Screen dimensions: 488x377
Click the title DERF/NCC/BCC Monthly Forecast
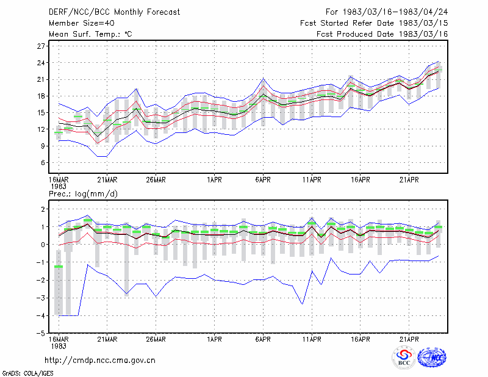[x=114, y=12]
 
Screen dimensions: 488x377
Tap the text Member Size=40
[x=82, y=23]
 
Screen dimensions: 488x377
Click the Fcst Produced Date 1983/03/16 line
[x=382, y=34]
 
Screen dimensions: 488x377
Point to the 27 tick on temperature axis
[x=41, y=46]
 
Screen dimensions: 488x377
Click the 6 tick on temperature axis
[x=43, y=162]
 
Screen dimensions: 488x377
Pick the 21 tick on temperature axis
[x=41, y=79]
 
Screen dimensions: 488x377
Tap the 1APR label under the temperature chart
[x=215, y=179]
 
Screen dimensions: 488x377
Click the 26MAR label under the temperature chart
[x=156, y=179]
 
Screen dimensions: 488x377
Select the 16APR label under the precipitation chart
[x=361, y=339]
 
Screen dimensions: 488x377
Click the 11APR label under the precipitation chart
[x=312, y=339]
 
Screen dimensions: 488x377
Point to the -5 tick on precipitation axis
[x=40, y=333]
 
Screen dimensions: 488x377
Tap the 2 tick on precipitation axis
[x=43, y=209]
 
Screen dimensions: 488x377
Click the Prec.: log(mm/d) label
[x=83, y=194]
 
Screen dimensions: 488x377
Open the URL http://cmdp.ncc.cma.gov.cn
[x=100, y=360]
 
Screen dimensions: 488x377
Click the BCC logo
[x=404, y=357]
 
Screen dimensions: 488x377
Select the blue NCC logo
[x=432, y=357]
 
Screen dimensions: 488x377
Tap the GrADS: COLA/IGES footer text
[x=27, y=373]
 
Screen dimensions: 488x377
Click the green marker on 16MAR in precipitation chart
[x=59, y=267]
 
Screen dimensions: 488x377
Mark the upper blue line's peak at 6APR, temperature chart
[x=264, y=78]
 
